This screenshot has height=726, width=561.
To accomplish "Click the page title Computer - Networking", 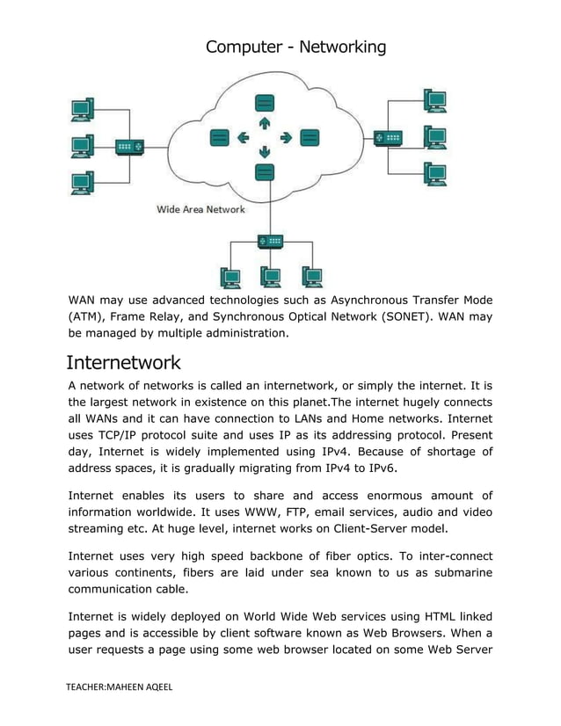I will coord(295,47).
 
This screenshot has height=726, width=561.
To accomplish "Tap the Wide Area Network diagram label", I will coord(200,209).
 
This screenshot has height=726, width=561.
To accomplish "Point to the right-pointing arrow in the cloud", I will coord(286,137).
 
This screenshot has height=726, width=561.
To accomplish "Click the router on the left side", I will coord(127,147).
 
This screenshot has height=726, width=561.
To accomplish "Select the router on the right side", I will coord(388,138).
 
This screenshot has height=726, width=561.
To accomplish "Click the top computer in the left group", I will coord(82,110).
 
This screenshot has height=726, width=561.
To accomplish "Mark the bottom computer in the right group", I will coord(434,173).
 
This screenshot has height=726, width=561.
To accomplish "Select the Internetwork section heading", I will coord(124,362).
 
